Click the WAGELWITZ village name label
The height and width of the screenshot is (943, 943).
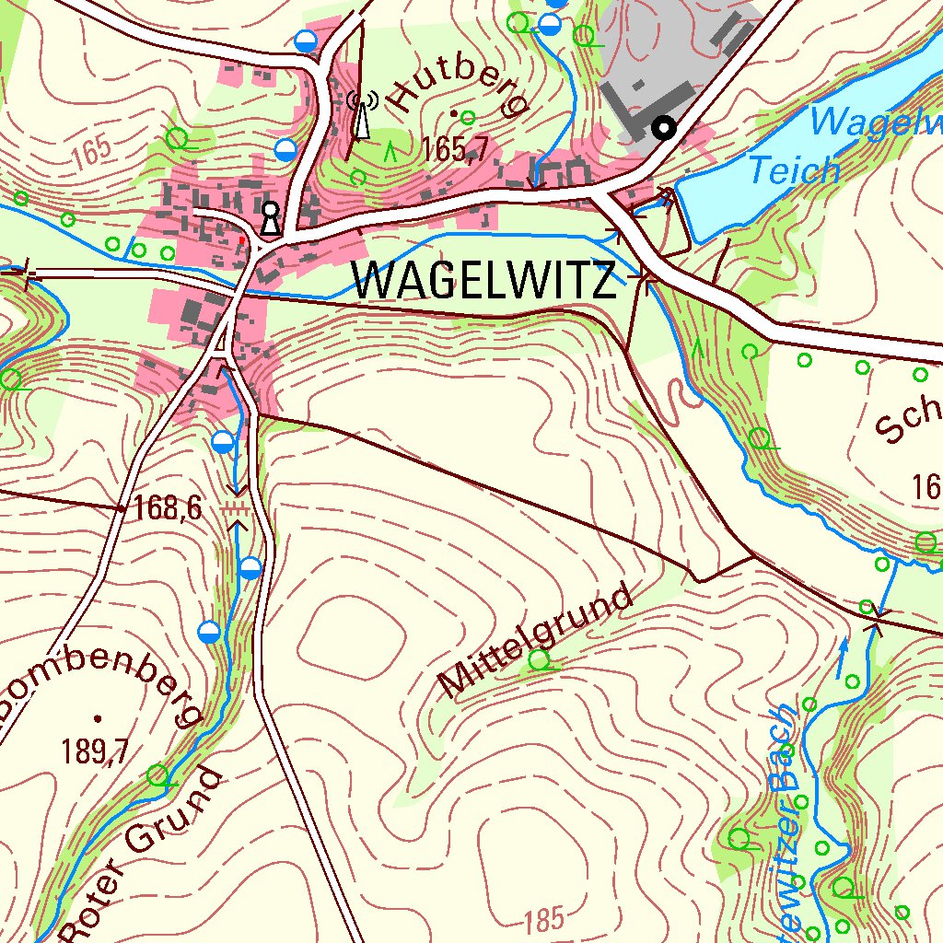[x=484, y=281]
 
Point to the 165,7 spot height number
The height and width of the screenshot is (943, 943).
[x=455, y=149]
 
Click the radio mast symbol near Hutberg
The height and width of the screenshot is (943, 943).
[x=362, y=115]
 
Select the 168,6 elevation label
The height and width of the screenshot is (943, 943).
[x=167, y=507]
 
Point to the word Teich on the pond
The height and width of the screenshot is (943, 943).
[x=794, y=170]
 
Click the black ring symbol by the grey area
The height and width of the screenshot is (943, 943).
[x=663, y=128]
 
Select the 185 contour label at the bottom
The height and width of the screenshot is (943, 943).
[x=544, y=919]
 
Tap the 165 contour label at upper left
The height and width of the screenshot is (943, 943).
[x=89, y=154]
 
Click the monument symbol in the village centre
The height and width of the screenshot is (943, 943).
[x=270, y=218]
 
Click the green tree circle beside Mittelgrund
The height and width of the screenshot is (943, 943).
[x=539, y=658]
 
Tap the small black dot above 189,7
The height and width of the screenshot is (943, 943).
[x=97, y=717]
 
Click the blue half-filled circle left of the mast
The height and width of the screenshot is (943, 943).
[x=286, y=150]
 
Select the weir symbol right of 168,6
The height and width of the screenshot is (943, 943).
[x=237, y=508]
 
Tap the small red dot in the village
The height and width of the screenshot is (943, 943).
[x=242, y=239]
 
